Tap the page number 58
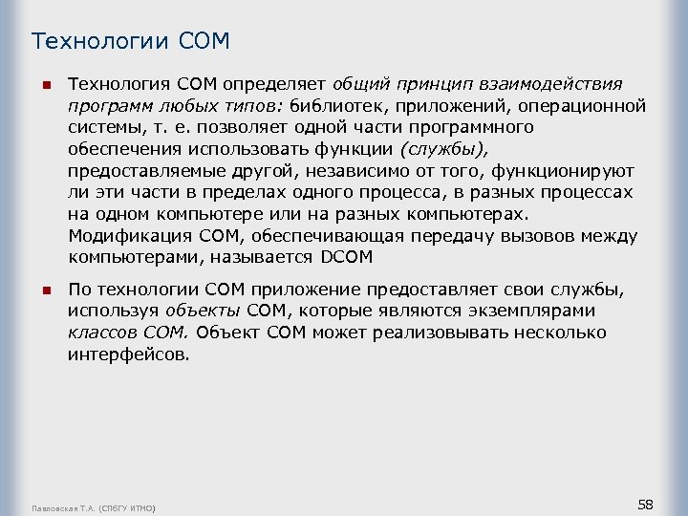[645, 504]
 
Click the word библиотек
[338, 105]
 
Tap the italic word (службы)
[443, 148]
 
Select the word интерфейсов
[129, 355]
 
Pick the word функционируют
[542, 170]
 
